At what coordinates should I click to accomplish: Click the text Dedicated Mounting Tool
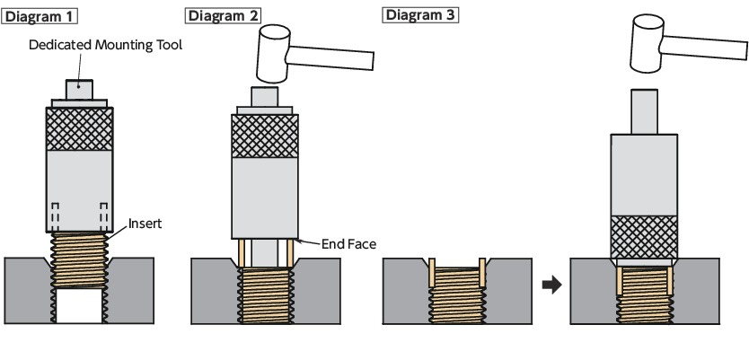pyautogui.click(x=105, y=45)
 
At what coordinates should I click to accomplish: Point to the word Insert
pyautogui.click(x=145, y=222)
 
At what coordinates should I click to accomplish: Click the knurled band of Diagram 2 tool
pyautogui.click(x=265, y=136)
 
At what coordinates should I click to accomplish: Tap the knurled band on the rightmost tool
pyautogui.click(x=645, y=235)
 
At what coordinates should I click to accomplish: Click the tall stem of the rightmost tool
pyautogui.click(x=644, y=112)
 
